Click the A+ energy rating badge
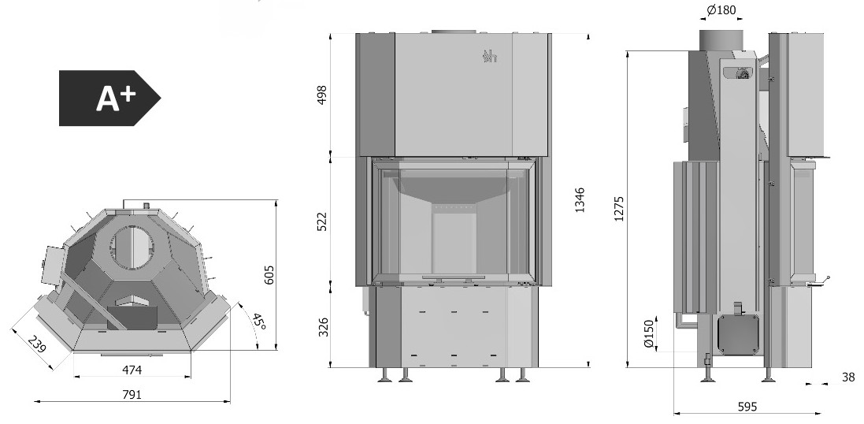(109, 99)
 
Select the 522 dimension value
(322, 221)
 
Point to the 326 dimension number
(324, 327)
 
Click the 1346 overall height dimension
(579, 200)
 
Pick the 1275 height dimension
(618, 208)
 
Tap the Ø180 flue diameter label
(721, 10)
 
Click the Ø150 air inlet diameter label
(648, 333)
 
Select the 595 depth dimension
(747, 407)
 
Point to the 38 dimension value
(848, 378)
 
